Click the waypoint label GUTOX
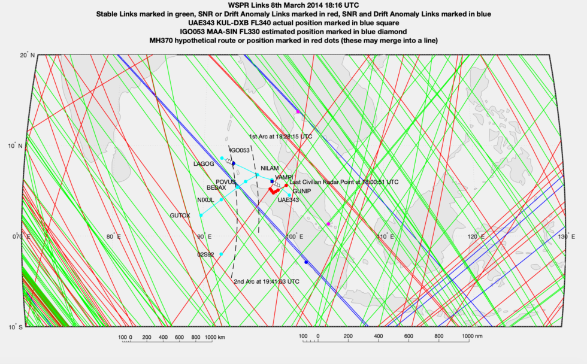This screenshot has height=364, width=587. pos(180,215)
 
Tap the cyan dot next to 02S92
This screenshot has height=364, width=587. pos(221,254)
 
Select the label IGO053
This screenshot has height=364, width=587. pos(240,150)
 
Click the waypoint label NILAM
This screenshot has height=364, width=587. pos(270,169)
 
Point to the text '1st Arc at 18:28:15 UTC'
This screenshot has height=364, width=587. pos(280,136)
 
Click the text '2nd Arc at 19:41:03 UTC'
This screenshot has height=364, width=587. pos(266,281)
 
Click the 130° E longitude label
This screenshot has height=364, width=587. pos(563,237)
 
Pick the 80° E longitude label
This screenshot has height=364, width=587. pos(114,237)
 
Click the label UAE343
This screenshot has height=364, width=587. pos(288,200)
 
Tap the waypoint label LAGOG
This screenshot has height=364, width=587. pos(204,163)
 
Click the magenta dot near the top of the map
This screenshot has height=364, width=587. pos(298,112)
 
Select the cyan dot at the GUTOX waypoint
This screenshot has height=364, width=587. pos(201,215)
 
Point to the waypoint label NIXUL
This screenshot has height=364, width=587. pos(205,200)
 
